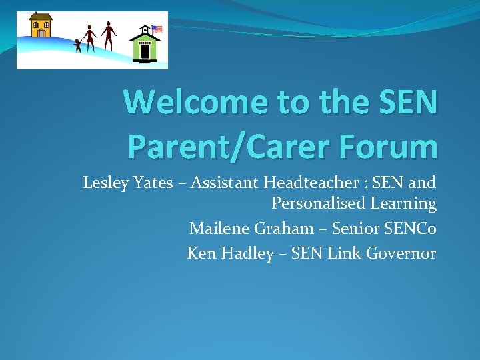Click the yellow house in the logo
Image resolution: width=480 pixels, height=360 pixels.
coord(41,26)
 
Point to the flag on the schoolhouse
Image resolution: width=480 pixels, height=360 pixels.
coord(157,29)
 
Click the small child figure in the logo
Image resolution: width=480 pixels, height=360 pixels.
coord(77,45)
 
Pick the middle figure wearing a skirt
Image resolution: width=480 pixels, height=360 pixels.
coord(89,39)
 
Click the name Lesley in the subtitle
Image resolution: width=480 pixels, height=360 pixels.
coord(103,182)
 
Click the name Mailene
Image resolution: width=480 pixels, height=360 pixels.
coord(217,229)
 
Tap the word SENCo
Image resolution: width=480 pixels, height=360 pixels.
coord(411,229)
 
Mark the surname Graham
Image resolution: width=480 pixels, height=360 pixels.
coord(282,229)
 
